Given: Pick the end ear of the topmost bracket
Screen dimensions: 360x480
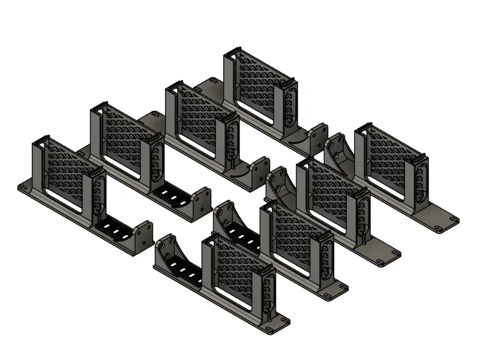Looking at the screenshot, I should pyautogui.click(x=318, y=135).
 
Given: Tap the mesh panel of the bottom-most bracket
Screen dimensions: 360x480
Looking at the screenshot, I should pyautogui.click(x=237, y=270).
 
